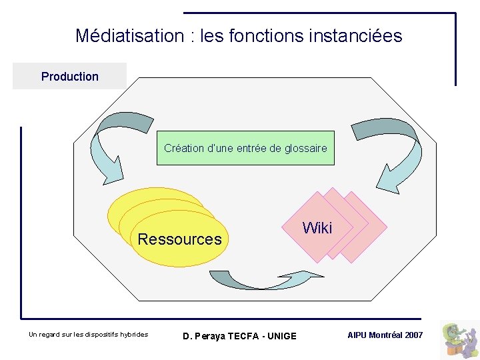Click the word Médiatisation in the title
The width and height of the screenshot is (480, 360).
click(130, 35)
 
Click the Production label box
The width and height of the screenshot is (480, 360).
click(69, 76)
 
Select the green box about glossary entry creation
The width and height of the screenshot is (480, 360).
click(245, 148)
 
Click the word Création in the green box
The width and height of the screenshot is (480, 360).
click(184, 148)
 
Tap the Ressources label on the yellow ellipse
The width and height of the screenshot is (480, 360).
click(179, 239)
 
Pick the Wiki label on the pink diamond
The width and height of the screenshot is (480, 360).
click(317, 228)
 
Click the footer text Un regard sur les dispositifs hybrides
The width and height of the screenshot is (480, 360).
click(89, 335)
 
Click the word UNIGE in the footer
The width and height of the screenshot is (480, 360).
click(283, 336)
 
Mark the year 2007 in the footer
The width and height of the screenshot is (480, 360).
click(414, 335)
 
